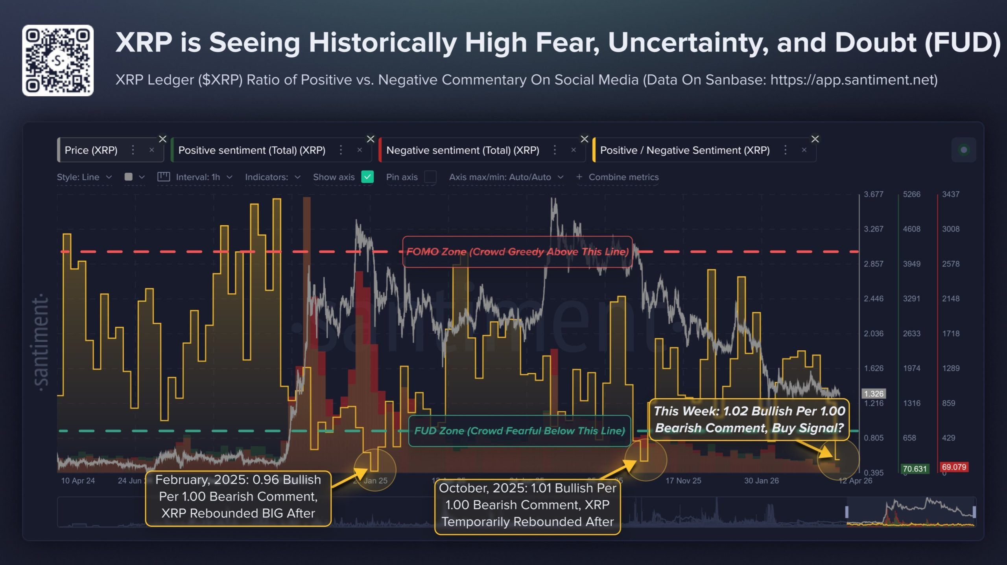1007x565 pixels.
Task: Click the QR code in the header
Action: (x=58, y=60)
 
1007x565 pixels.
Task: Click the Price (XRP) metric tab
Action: (x=91, y=150)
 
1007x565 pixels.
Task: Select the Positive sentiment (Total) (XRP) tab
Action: (x=252, y=150)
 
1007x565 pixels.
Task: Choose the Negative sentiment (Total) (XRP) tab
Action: (x=463, y=150)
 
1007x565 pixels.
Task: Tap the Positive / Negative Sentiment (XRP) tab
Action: (x=684, y=150)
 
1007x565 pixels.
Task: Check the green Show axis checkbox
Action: (x=367, y=177)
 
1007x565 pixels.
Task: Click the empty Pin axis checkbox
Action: (x=430, y=177)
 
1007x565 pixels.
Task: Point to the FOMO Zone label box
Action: (x=517, y=252)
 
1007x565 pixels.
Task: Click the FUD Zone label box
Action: (x=519, y=431)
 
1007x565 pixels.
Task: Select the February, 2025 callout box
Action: (x=238, y=497)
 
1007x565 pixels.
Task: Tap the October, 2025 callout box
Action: (x=527, y=505)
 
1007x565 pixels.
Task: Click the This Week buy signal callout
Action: (x=749, y=420)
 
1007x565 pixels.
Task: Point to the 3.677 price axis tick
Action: (x=873, y=194)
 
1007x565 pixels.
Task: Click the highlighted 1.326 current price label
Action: (x=873, y=394)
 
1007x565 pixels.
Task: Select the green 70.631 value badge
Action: (x=915, y=469)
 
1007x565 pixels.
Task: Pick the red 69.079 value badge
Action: (x=954, y=467)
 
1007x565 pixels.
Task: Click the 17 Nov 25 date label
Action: (x=683, y=480)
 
